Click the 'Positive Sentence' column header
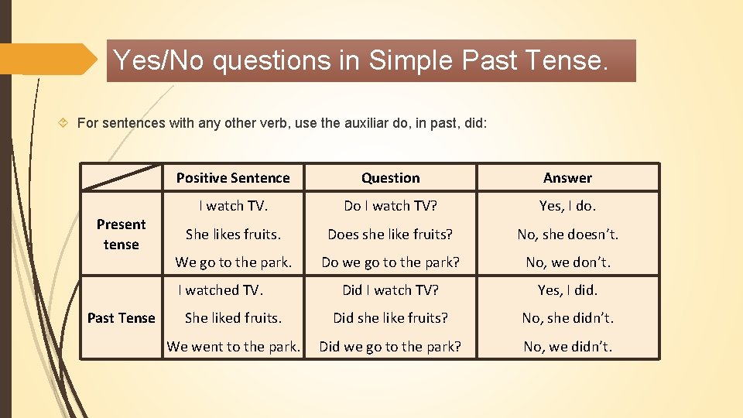(233, 178)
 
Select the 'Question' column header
(391, 178)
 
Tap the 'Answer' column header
(567, 178)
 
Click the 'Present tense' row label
(121, 234)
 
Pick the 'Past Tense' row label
(121, 317)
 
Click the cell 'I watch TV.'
(233, 206)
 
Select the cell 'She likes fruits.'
(233, 234)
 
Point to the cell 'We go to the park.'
(233, 262)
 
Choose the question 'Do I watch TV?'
(391, 206)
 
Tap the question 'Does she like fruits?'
(391, 234)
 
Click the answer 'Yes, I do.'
(567, 206)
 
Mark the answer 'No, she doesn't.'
(567, 234)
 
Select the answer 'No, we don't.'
(567, 262)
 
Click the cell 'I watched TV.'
(221, 290)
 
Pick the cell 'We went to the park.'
(233, 347)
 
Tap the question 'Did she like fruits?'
(391, 317)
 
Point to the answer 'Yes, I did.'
(567, 290)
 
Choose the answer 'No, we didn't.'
(567, 347)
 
